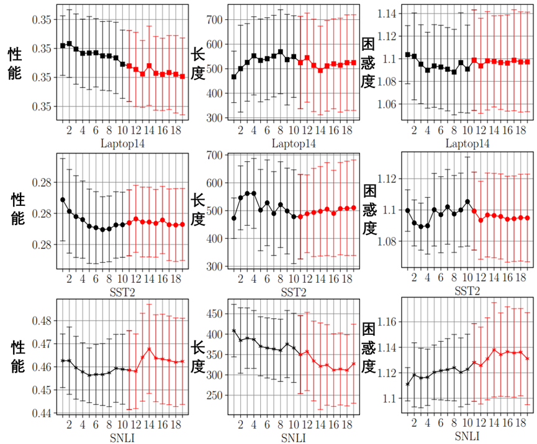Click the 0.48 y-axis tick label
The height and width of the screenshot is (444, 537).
pyautogui.click(x=42, y=321)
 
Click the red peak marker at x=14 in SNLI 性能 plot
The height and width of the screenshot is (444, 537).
pyautogui.click(x=150, y=349)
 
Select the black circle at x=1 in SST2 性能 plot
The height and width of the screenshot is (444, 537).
pyautogui.click(x=63, y=200)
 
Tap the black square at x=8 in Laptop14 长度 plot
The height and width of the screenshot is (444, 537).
pyautogui.click(x=281, y=52)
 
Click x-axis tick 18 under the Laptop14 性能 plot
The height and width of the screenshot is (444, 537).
pyautogui.click(x=174, y=130)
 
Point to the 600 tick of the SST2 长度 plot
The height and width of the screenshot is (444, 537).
pyautogui.click(x=214, y=183)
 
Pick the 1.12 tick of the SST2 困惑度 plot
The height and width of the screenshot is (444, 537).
pyautogui.click(x=389, y=179)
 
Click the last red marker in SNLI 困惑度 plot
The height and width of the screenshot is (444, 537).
pyautogui.click(x=527, y=358)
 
